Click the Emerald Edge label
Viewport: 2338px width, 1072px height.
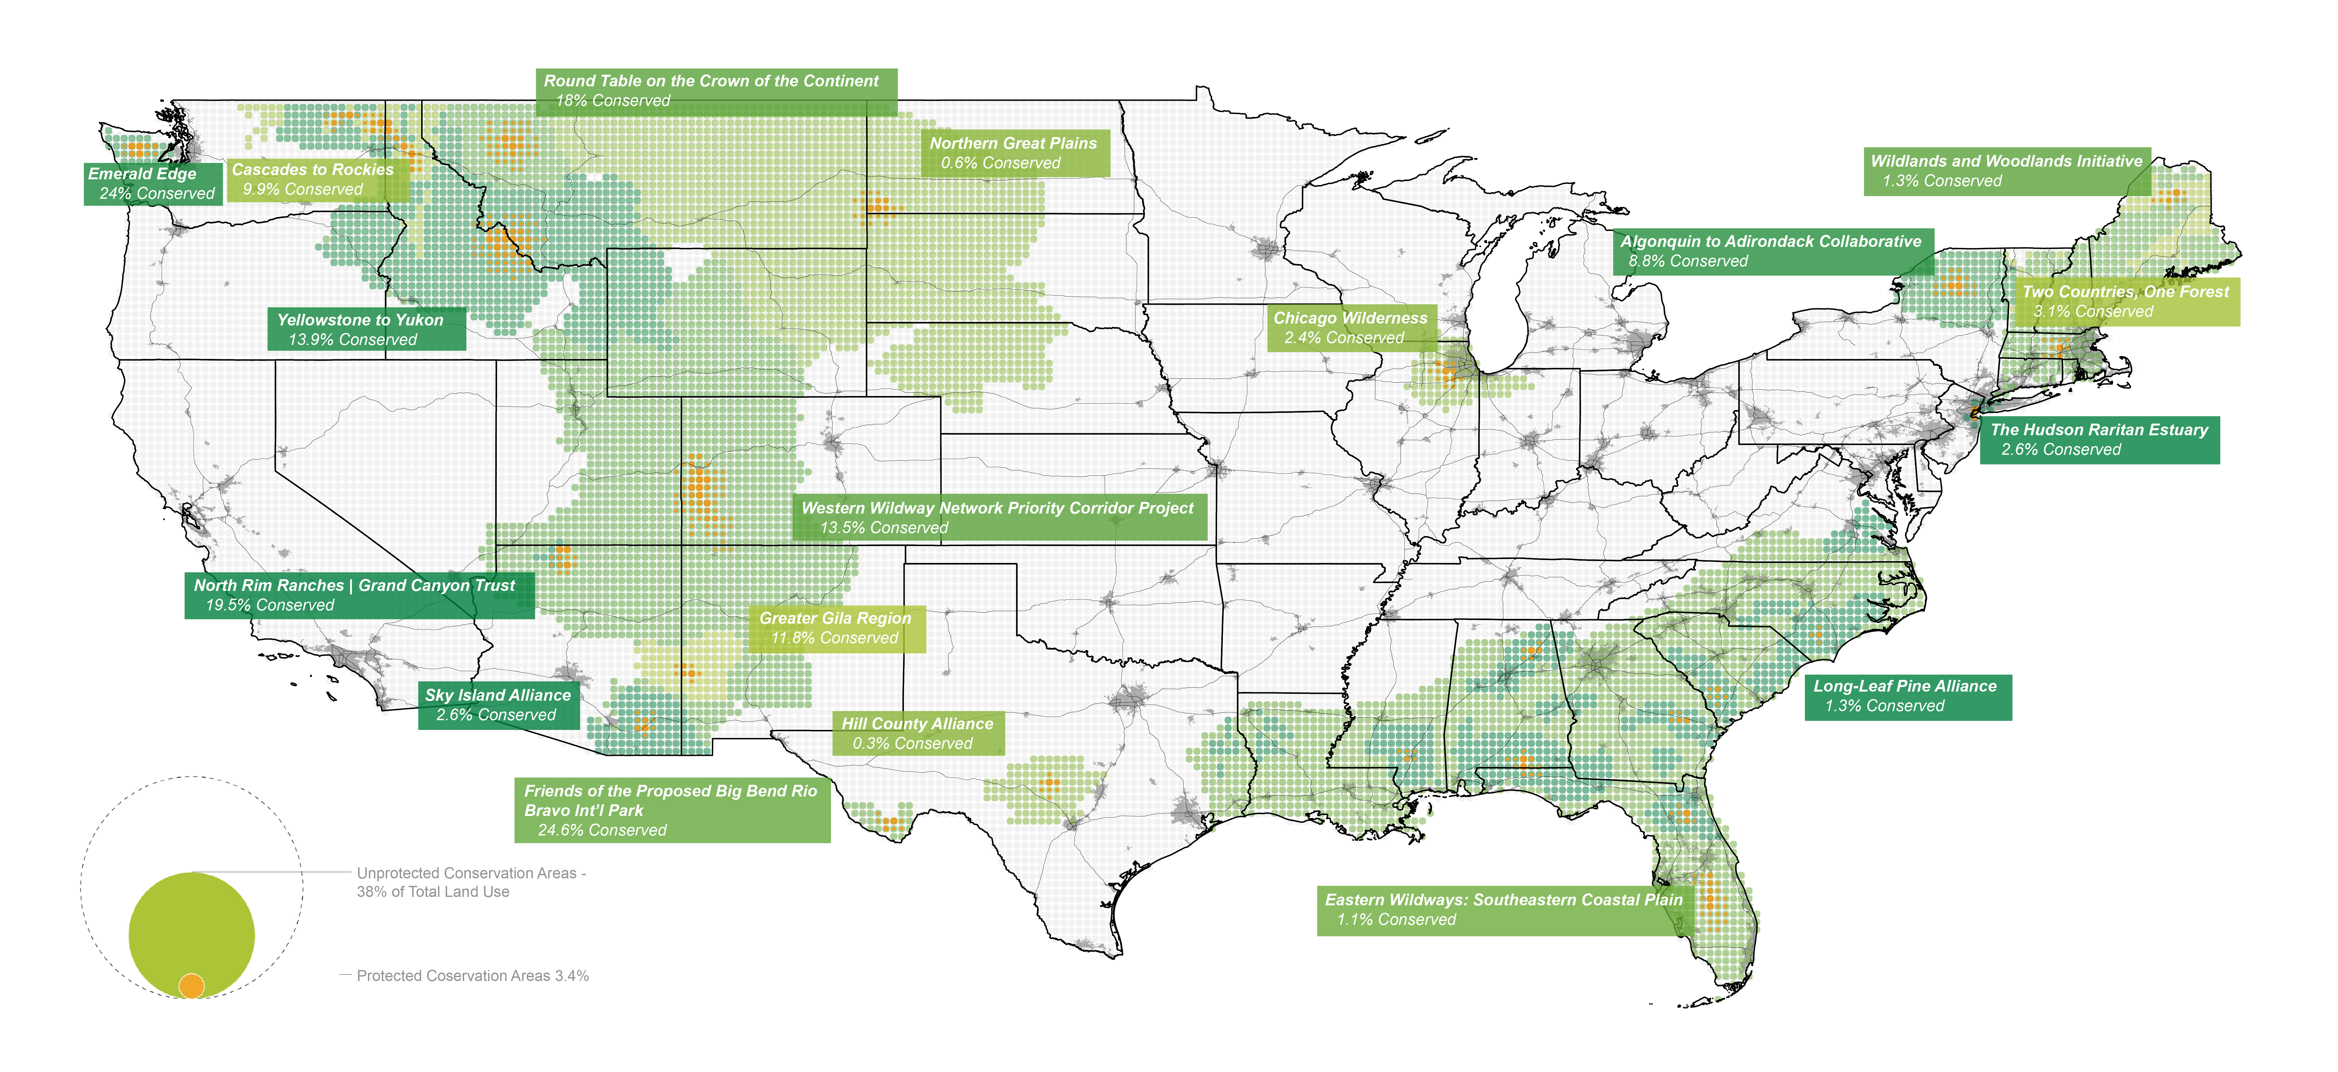point(153,183)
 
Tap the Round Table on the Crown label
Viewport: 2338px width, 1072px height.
point(715,91)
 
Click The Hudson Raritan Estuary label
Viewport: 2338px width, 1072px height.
point(2098,439)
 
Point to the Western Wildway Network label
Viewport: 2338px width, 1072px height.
point(999,517)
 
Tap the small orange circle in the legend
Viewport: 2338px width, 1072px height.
point(192,985)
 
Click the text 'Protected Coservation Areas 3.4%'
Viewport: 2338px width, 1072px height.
point(472,976)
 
